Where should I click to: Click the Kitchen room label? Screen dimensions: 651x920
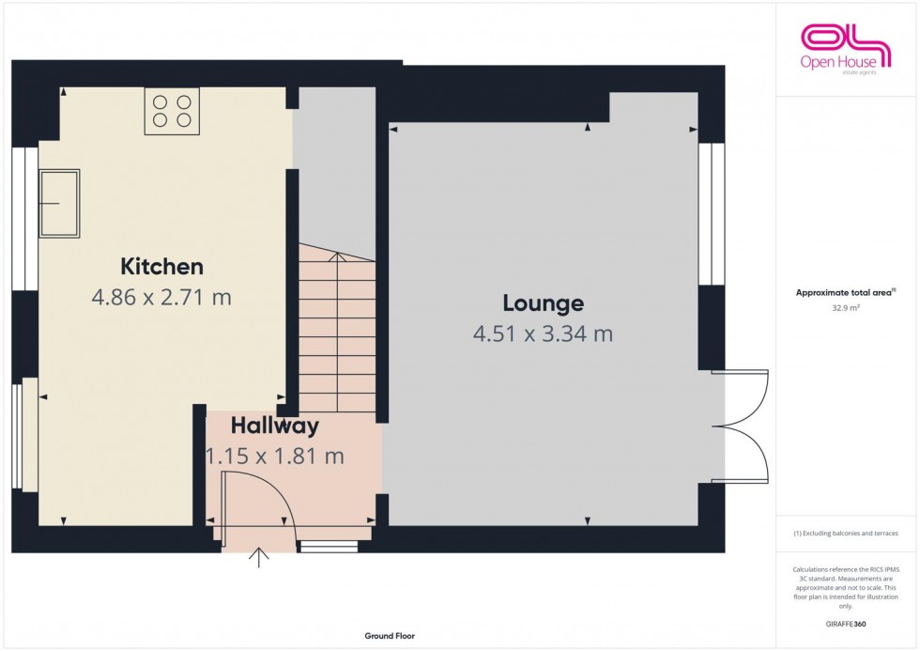click(161, 266)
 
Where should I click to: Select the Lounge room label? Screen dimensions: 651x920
click(543, 303)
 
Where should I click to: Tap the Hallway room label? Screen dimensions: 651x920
click(275, 426)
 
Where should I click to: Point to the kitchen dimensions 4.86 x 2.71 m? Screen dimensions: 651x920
click(161, 298)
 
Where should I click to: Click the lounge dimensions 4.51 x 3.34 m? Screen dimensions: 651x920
click(543, 333)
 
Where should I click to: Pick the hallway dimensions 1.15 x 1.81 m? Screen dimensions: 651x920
click(275, 457)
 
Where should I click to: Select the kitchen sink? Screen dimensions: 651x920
click(58, 201)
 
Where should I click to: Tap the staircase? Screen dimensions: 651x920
click(337, 329)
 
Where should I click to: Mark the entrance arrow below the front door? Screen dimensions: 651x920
click(258, 558)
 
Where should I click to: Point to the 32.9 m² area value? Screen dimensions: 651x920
click(847, 306)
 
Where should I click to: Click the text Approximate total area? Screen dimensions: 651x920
click(845, 292)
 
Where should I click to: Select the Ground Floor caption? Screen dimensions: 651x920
click(390, 636)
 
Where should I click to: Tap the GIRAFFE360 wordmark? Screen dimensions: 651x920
click(847, 624)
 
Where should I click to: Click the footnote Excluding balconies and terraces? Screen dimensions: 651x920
click(847, 533)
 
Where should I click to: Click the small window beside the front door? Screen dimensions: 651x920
click(329, 546)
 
